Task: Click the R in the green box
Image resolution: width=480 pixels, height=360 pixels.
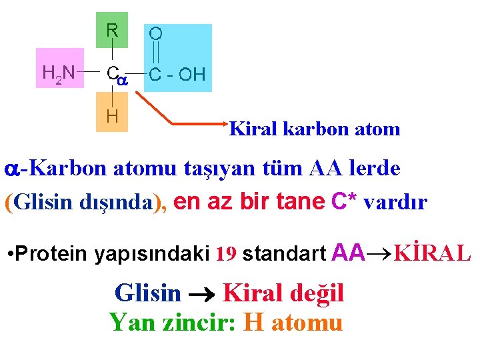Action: click(x=112, y=31)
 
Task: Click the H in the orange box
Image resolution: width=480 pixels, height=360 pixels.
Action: click(x=112, y=116)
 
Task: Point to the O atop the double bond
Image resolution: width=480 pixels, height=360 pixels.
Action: click(x=155, y=33)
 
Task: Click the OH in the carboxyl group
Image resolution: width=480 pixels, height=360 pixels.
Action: click(x=192, y=74)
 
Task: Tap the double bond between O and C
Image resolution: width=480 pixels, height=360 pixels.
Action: click(x=155, y=52)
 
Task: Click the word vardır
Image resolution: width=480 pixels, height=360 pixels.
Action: click(x=396, y=202)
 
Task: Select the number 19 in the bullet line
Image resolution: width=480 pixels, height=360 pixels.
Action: click(x=227, y=254)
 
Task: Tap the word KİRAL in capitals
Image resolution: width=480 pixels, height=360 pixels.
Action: click(x=433, y=253)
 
